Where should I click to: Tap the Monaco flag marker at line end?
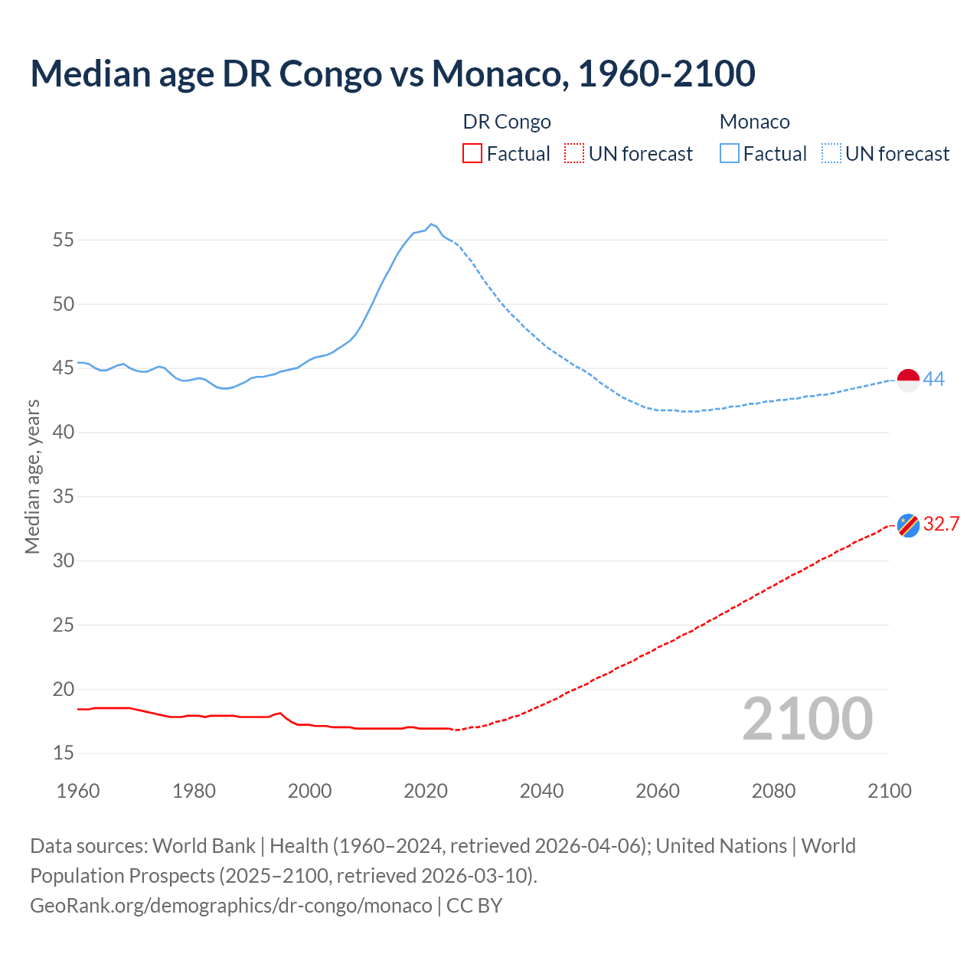click(x=908, y=380)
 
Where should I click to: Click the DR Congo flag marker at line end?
click(x=908, y=525)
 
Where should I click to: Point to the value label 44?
click(x=934, y=379)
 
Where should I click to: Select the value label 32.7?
click(x=941, y=524)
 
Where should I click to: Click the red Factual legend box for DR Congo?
click(x=472, y=154)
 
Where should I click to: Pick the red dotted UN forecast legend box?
click(x=574, y=154)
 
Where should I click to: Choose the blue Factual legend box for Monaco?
click(x=730, y=154)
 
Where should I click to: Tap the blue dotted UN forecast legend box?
click(x=831, y=154)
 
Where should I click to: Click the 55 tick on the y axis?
click(x=64, y=240)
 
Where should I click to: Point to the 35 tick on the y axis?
click(x=64, y=497)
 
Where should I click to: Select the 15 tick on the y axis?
click(x=64, y=753)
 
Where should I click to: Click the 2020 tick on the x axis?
click(x=426, y=791)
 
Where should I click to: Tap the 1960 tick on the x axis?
click(x=78, y=791)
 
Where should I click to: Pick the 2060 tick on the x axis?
click(x=658, y=791)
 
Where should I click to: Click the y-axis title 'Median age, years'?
click(x=32, y=476)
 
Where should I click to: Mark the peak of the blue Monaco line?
click(x=431, y=224)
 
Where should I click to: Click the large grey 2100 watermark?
click(x=807, y=719)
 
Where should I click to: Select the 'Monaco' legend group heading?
click(x=755, y=122)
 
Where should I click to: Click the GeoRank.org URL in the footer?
click(x=230, y=906)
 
